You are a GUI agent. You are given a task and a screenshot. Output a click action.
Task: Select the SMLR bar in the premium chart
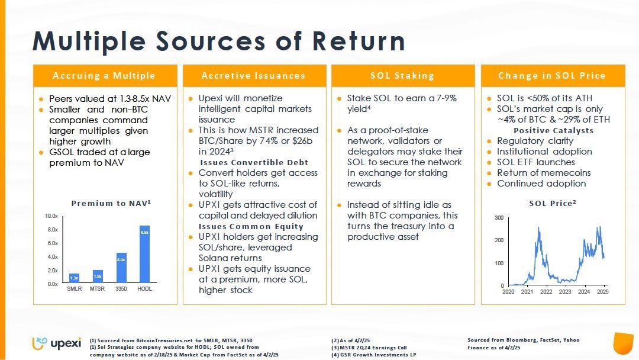pos(74,278)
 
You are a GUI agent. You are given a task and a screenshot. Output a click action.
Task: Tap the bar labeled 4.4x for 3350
pos(121,268)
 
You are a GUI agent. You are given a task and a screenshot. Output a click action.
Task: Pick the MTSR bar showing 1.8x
pos(98,276)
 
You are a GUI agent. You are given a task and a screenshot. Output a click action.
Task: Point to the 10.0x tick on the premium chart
pos(51,216)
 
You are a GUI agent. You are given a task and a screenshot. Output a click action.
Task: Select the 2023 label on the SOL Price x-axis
pos(565,292)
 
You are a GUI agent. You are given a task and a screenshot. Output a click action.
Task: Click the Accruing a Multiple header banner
pos(104,76)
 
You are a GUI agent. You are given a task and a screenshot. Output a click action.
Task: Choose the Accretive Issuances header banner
pos(253,76)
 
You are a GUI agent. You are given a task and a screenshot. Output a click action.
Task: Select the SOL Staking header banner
pos(402,76)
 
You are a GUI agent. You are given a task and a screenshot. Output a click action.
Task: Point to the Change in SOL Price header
pos(551,76)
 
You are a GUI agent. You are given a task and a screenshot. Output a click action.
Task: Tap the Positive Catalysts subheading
pos(553,130)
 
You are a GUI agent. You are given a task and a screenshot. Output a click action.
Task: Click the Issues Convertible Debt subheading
pos(254,162)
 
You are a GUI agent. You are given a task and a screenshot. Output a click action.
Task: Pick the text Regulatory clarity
pos(535,141)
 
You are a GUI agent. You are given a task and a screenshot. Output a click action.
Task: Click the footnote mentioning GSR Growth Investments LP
pos(374,355)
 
